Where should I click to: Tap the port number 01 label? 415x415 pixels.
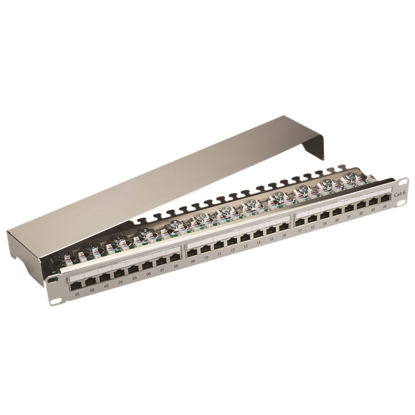[x=78, y=294]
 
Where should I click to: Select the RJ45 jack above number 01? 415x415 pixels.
[x=76, y=286]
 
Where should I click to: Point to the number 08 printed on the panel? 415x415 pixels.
[x=176, y=266]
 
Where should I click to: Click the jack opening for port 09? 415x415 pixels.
[x=192, y=253]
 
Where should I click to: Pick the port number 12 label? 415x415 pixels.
[x=232, y=250]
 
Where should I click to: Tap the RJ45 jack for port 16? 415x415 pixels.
[x=284, y=227]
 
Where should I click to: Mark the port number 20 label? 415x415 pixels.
[x=337, y=220]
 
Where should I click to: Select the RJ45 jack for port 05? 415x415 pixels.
[x=133, y=270]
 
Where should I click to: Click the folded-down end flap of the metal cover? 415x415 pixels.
[x=314, y=147]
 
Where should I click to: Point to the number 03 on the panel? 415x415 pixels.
[x=106, y=286]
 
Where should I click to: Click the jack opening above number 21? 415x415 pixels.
[x=349, y=208]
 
